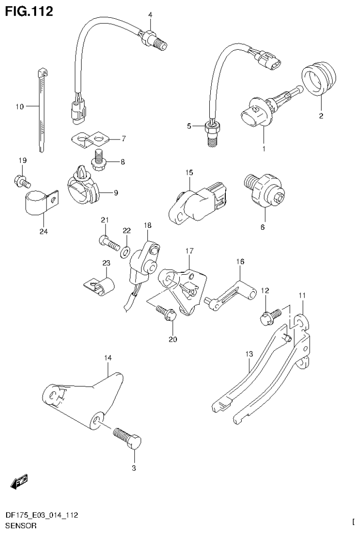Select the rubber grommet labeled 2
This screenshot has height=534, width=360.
pos(319,79)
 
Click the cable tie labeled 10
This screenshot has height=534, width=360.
pos(41,110)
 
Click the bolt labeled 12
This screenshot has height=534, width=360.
pos(270,315)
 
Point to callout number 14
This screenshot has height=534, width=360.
pos(108,358)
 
